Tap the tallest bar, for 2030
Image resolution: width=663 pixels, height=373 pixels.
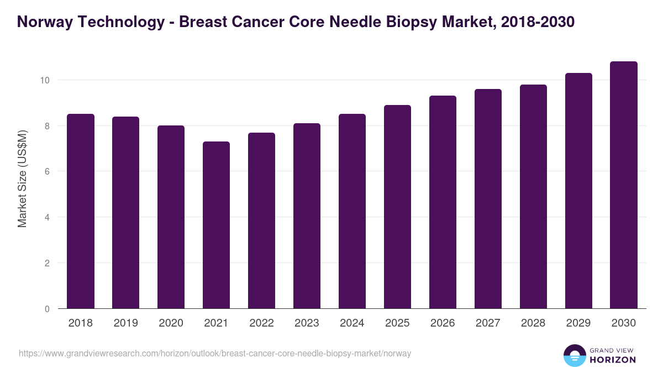624,185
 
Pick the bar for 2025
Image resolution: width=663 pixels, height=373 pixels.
397,207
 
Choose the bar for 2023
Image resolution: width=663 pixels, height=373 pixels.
307,216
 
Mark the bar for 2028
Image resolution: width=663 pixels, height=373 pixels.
533,197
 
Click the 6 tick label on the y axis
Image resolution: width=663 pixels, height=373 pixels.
47,172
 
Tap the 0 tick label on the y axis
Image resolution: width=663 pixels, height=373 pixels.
47,309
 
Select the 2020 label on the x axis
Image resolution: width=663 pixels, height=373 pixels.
171,323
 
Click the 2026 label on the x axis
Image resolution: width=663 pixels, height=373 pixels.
443,323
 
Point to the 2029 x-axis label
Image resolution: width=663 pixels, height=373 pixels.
578,323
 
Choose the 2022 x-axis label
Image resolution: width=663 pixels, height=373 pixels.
261,323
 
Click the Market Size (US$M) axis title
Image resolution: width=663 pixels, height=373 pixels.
22,178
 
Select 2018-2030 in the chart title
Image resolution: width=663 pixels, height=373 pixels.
539,22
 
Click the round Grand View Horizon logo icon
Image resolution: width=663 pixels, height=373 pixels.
574,355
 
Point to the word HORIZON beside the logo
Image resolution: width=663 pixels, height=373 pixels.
613,360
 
